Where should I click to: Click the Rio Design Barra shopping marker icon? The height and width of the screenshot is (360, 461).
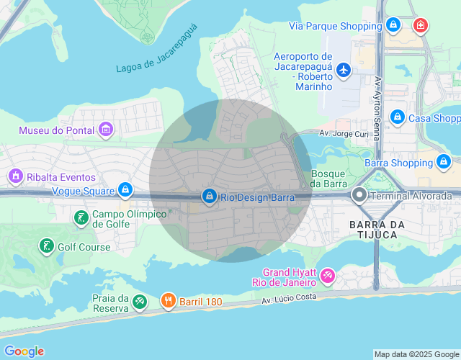coord(210,196)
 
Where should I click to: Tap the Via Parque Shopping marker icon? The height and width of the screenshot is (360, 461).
coord(393,26)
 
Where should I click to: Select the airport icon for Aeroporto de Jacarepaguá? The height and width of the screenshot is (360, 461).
coord(344,70)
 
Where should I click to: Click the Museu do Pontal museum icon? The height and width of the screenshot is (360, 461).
coord(106,130)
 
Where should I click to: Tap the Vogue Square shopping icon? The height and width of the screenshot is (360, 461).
coord(126,191)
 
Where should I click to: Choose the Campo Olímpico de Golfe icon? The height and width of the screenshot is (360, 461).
coord(81,217)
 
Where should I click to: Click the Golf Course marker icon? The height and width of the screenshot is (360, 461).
coord(47,246)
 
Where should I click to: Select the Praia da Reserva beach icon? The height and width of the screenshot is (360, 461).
coord(140,304)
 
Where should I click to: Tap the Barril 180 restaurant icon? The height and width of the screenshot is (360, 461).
coord(168,301)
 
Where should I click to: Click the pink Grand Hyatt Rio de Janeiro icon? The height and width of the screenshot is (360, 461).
coord(328,276)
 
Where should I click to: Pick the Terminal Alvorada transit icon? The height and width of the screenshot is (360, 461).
coord(359,195)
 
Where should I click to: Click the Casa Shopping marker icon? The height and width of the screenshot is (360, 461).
coord(397,117)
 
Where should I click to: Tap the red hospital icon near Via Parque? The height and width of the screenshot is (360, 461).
coord(420,26)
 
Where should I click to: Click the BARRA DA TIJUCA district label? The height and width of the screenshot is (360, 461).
coord(373,230)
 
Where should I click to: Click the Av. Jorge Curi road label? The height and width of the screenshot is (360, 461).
coord(344,134)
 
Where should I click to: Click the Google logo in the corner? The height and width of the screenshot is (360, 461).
coord(23,351)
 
